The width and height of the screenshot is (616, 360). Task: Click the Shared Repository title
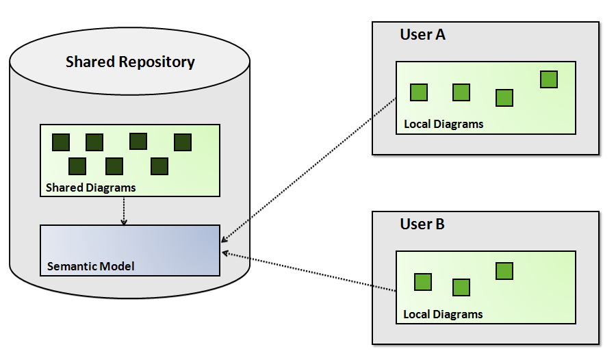tap(130, 62)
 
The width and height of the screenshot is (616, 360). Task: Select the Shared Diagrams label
tap(90, 188)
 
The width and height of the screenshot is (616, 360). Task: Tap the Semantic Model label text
tap(90, 266)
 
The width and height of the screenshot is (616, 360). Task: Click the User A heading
tap(422, 35)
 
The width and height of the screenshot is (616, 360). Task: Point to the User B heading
tap(422, 224)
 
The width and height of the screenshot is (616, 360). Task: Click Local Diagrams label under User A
tap(444, 125)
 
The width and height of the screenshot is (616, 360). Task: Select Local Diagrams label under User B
tap(443, 315)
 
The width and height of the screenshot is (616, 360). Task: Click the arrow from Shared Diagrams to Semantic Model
tap(124, 211)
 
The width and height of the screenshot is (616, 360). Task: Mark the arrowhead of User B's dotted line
tap(224, 253)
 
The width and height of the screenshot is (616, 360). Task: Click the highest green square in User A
tap(549, 79)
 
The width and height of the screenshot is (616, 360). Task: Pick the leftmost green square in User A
tap(419, 92)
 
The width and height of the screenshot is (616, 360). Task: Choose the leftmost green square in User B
tap(423, 282)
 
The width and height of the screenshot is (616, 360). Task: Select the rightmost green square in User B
tap(504, 271)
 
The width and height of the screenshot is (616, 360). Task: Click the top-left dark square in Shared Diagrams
tap(61, 142)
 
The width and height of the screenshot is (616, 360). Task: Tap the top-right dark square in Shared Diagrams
tap(183, 142)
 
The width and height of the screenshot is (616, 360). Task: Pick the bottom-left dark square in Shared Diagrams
tap(77, 166)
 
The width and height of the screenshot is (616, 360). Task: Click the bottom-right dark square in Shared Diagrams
tap(159, 166)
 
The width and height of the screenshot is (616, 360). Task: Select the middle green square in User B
tap(461, 287)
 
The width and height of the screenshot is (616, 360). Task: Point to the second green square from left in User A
tap(461, 92)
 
